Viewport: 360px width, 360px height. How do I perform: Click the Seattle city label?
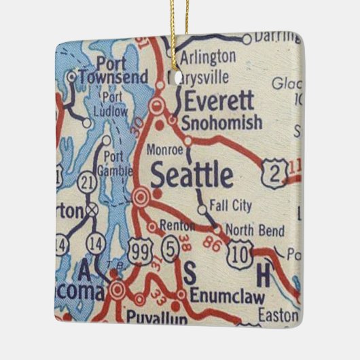[x=192, y=175]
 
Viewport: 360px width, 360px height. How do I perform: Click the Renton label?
[x=175, y=226]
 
